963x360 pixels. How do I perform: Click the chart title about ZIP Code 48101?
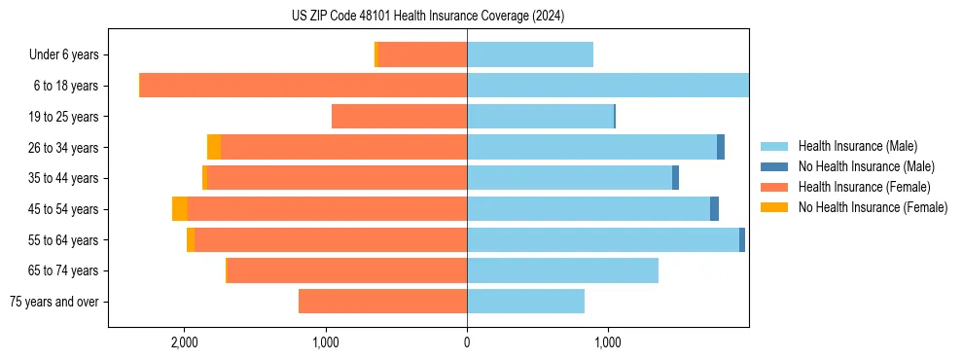coord(427,17)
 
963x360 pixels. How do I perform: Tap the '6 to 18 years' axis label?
coord(66,86)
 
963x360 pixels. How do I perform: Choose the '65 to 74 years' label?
coord(64,270)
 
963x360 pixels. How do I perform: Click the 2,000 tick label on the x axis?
coord(185,342)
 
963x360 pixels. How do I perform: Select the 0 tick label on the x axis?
coord(467,342)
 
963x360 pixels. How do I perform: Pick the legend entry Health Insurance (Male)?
coord(857,146)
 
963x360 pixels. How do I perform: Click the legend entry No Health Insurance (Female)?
coord(873,207)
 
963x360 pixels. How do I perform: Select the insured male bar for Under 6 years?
coord(530,55)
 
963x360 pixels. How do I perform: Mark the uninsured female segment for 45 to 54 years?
coord(180,209)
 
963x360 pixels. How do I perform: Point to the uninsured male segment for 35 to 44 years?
coord(675,178)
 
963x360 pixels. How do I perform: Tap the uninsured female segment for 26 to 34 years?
coord(214,147)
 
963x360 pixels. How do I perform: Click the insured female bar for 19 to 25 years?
coord(399,117)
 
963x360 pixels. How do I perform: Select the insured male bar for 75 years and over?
coord(525,302)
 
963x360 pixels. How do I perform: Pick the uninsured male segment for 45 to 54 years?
coord(714,209)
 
